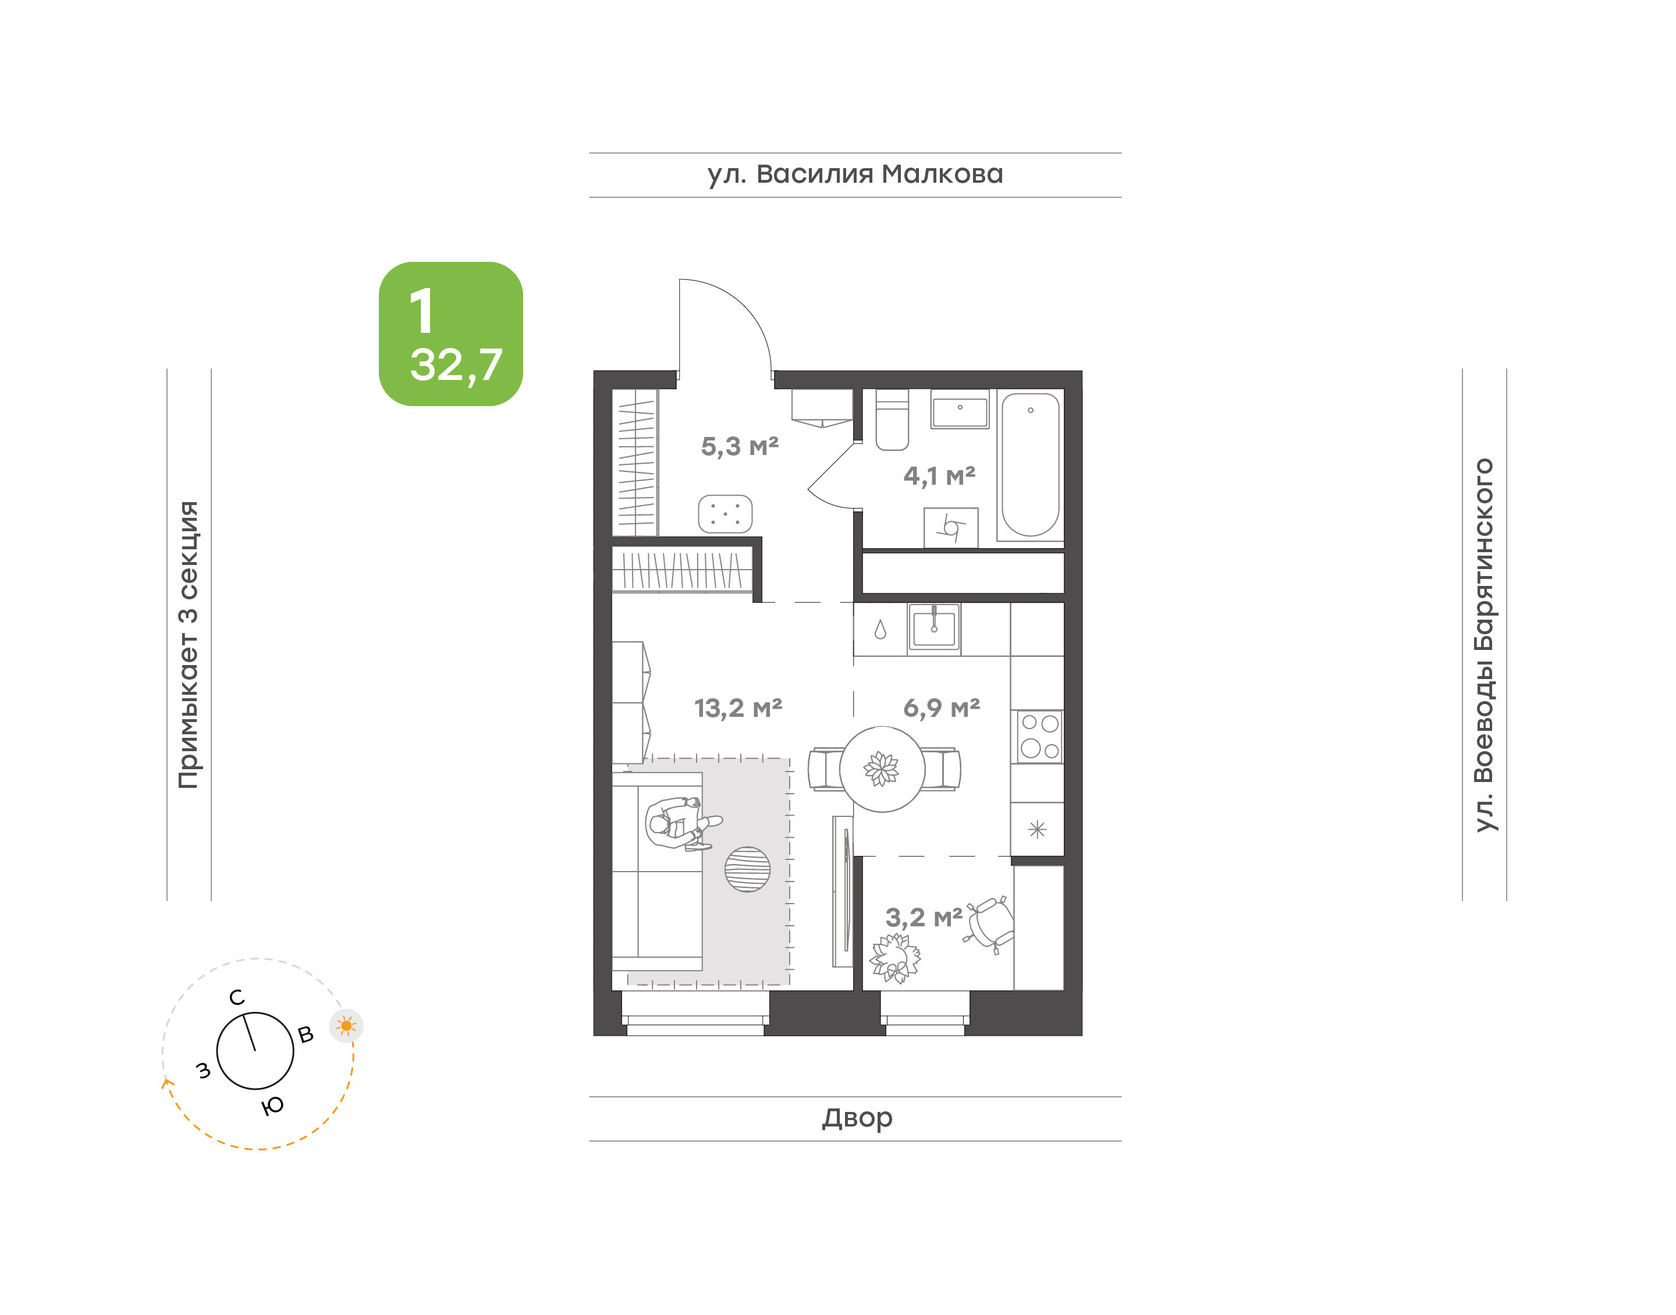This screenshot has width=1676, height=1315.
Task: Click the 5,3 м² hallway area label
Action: (739, 446)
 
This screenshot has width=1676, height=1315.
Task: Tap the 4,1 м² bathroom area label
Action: (939, 476)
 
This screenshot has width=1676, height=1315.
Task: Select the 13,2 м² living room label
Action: (737, 708)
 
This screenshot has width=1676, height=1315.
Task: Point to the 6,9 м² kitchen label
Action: (941, 708)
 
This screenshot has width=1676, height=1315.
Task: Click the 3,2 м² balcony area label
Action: (923, 918)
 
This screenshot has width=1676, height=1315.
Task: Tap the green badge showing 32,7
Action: (450, 334)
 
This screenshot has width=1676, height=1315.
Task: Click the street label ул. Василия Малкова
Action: (855, 175)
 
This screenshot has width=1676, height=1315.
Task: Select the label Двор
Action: (857, 1118)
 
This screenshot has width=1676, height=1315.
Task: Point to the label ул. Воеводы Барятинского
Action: (1483, 645)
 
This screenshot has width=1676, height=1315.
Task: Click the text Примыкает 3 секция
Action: (189, 645)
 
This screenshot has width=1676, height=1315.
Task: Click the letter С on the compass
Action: (237, 998)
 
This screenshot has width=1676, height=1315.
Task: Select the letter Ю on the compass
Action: (272, 1106)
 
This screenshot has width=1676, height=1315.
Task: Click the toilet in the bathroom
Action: (892, 420)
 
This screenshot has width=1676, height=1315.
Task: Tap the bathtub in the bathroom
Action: (1030, 465)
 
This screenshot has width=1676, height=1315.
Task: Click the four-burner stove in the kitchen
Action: (1039, 737)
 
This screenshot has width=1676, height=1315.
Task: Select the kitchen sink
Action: (934, 628)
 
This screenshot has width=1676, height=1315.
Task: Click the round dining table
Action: (882, 769)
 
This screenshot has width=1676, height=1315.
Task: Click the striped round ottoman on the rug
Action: (747, 869)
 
